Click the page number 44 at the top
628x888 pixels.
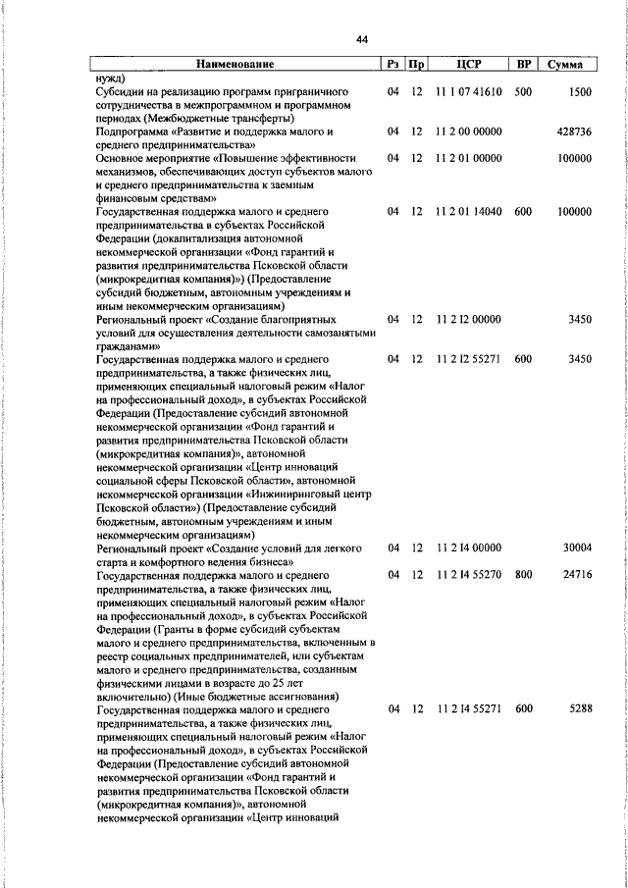pos(362,39)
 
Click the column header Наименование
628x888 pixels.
pos(235,65)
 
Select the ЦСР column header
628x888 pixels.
pos(468,65)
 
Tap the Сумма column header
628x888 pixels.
pos(566,65)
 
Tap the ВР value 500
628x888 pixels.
pos(522,91)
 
